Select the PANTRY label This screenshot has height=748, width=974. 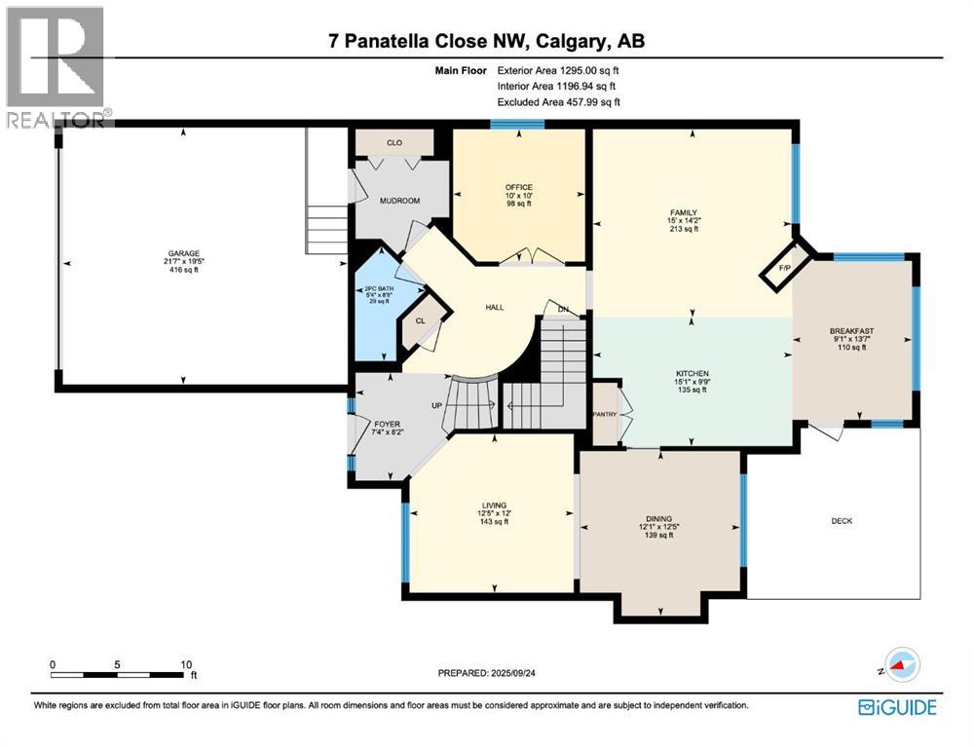point(604,414)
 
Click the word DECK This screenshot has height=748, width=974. point(842,521)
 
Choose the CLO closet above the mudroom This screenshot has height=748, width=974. point(394,143)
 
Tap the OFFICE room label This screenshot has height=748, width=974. point(518,187)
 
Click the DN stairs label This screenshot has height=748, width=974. point(563,310)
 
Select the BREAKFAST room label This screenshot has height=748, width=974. point(851,331)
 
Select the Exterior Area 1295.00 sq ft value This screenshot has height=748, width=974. point(558,70)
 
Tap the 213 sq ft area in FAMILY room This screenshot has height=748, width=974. point(691,229)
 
